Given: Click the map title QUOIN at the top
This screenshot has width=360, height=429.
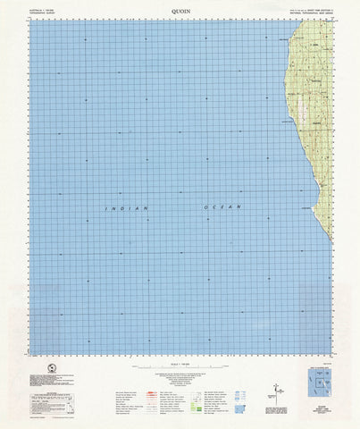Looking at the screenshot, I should pyautogui.click(x=180, y=11).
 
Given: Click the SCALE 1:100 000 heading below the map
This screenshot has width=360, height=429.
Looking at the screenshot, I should pyautogui.click(x=180, y=360).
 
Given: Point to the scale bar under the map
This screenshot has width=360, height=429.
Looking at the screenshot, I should pyautogui.click(x=179, y=367).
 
